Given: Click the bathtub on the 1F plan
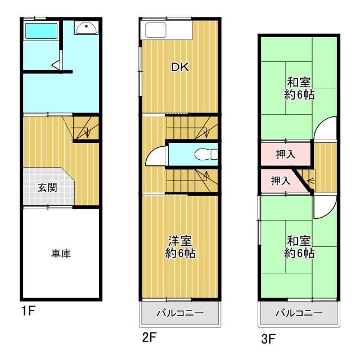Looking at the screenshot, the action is (x=41, y=31).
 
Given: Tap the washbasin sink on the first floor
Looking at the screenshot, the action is (x=87, y=28).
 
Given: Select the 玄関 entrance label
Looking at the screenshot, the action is (x=47, y=187).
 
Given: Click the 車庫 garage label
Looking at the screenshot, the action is (x=61, y=254).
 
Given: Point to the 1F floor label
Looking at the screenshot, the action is (x=29, y=311).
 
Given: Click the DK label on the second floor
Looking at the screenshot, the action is (x=180, y=67).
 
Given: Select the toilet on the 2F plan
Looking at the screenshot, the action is (x=206, y=154).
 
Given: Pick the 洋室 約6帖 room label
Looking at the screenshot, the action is (x=180, y=247).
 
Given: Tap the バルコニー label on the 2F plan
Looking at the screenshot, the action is (x=180, y=313).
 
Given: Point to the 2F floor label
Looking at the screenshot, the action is (x=149, y=337).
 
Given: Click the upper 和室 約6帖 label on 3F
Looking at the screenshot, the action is (x=299, y=88).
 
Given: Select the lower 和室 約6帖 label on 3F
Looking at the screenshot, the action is (x=299, y=247).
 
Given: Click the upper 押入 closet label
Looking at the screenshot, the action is (x=286, y=154).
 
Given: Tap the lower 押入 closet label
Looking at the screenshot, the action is (x=281, y=181).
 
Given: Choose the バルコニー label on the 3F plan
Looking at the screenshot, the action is (x=299, y=313).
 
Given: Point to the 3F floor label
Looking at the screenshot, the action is (x=268, y=339).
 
